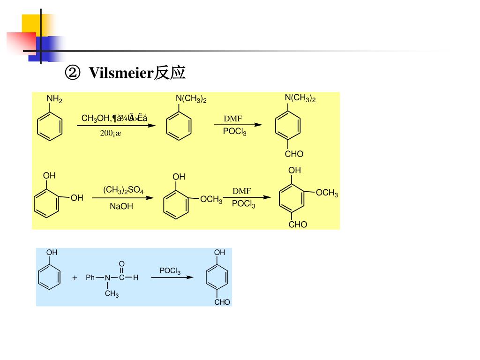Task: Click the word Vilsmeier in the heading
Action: [121, 73]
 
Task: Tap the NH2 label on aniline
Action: [54, 99]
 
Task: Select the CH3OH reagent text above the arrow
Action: [95, 118]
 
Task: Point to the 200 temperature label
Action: [110, 133]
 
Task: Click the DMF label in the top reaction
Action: [232, 119]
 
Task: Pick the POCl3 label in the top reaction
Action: [234, 132]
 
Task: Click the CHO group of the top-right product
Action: [294, 154]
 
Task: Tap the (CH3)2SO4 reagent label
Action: [123, 190]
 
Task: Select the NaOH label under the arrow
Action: [121, 206]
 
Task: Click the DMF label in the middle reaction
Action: [242, 191]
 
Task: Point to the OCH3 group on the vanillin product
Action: [327, 194]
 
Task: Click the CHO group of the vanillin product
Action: [298, 225]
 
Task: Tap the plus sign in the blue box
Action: [75, 277]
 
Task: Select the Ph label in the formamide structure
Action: [90, 277]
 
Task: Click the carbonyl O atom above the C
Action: [122, 264]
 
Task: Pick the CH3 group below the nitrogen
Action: [112, 294]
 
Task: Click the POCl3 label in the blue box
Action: [170, 271]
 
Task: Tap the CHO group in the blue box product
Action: [222, 302]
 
